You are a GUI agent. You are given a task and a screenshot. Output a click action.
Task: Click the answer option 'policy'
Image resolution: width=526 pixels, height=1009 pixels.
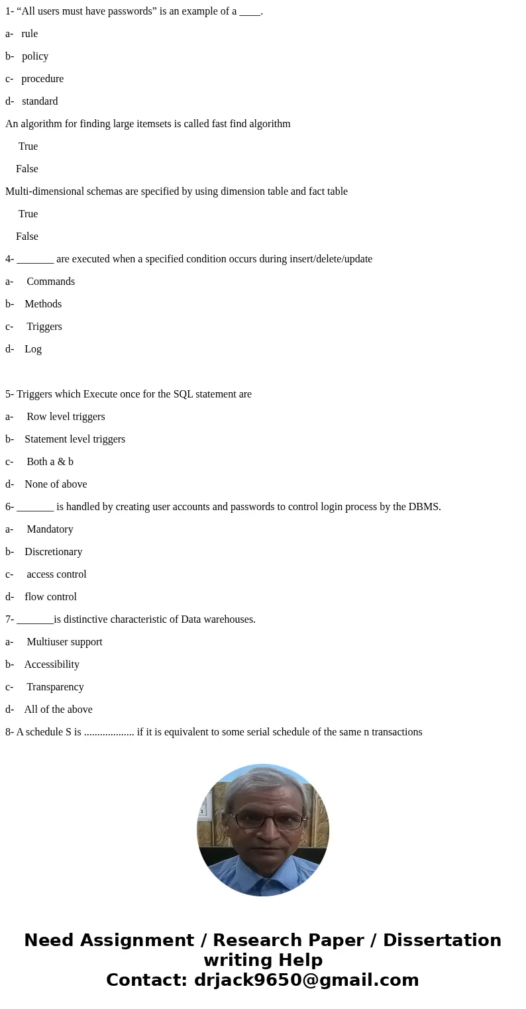[x=35, y=56]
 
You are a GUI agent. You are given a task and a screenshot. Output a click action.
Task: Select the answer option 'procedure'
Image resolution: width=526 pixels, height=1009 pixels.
[x=42, y=79]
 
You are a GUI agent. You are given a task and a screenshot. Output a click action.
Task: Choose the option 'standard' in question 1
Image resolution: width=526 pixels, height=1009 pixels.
[x=40, y=101]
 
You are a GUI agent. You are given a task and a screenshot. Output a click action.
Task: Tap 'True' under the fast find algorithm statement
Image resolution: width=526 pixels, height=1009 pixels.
[x=28, y=146]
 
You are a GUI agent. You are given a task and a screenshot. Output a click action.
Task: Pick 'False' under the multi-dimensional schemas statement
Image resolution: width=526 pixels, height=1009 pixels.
[x=27, y=237]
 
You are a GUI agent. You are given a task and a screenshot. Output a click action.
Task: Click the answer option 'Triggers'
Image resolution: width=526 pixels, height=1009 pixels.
[x=44, y=327]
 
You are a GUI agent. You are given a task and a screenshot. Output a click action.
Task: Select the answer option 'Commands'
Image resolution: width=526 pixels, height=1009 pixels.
[x=50, y=282]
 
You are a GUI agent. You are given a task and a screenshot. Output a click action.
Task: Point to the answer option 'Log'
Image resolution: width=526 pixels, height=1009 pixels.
[x=33, y=349]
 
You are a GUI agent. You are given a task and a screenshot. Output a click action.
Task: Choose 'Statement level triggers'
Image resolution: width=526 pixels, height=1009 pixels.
[x=75, y=439]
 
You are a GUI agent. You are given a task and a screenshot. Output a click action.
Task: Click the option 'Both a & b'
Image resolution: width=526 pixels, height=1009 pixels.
[x=50, y=462]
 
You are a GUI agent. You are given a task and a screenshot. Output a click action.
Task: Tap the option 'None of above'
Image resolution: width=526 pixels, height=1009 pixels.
[x=56, y=484]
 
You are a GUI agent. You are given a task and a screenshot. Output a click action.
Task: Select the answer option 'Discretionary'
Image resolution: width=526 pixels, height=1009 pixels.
[x=54, y=552]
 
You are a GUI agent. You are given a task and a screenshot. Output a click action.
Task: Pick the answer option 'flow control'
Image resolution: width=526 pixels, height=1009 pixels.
[x=50, y=597]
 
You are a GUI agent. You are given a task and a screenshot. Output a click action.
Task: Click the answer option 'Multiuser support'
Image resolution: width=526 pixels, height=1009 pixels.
[x=64, y=642]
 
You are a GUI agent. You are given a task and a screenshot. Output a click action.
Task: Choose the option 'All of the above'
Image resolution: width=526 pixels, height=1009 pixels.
[x=58, y=710]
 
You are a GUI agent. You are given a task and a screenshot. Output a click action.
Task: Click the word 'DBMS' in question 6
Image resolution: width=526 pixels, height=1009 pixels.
[x=423, y=507]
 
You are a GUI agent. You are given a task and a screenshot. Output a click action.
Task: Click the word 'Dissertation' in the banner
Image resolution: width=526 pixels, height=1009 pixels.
[x=442, y=940]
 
